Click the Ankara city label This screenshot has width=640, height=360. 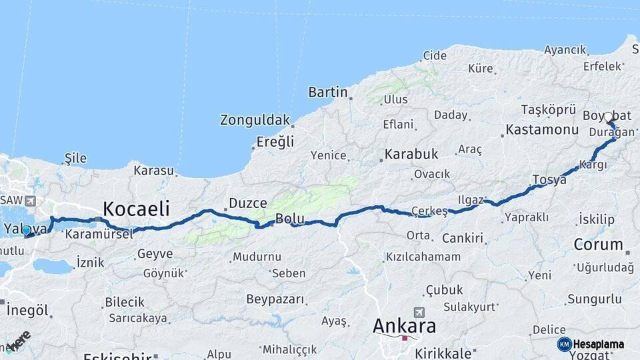pos(404,326)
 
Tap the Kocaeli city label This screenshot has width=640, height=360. pos(135,207)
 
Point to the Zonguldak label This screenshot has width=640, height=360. pos(255,121)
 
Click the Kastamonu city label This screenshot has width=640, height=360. pos(542,129)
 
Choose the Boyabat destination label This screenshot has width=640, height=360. pos(607,115)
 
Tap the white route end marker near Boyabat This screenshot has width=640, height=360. pos(608,117)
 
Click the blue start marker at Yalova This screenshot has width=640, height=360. pos(26,231)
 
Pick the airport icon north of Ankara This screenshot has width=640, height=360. pos(419,311)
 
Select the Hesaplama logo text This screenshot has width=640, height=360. pos(599,344)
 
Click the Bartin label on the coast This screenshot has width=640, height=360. pos(328,92)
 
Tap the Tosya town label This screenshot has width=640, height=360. pos(549,179)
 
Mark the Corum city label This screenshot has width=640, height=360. pos(598,244)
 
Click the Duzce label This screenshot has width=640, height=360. pos(247,203)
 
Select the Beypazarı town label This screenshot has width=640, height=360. pos(275,299)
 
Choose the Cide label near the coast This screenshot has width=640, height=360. pos(435,55)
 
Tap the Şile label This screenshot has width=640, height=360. pos(75,158)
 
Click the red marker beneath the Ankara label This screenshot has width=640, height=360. pos(404,338)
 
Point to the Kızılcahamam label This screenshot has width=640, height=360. pos(423,257)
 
